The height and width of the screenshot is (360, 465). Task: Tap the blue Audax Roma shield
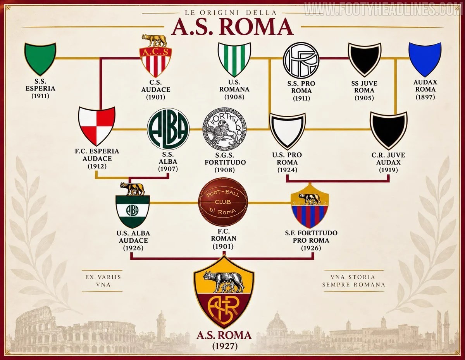pyautogui.click(x=425, y=59)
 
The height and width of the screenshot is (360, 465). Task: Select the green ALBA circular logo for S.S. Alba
pyautogui.click(x=168, y=129)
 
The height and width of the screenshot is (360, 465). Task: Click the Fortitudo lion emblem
pyautogui.click(x=224, y=129)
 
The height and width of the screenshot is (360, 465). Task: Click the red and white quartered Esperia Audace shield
pyautogui.click(x=97, y=126)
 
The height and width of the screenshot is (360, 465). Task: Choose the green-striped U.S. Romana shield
pyautogui.click(x=234, y=59)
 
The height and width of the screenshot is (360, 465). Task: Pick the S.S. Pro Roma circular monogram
pyautogui.click(x=301, y=60)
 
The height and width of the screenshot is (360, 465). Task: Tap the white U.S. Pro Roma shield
pyautogui.click(x=287, y=131)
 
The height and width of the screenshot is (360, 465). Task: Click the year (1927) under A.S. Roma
pyautogui.click(x=225, y=346)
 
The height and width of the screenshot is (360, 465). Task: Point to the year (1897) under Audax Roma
pyautogui.click(x=425, y=97)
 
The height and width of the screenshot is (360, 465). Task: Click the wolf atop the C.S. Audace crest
pyautogui.click(x=155, y=40)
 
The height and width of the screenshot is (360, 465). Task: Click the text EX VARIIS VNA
pyautogui.click(x=103, y=281)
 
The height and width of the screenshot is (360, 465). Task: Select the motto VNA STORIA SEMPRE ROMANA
pyautogui.click(x=353, y=281)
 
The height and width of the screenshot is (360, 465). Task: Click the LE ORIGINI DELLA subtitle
pyautogui.click(x=231, y=13)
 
